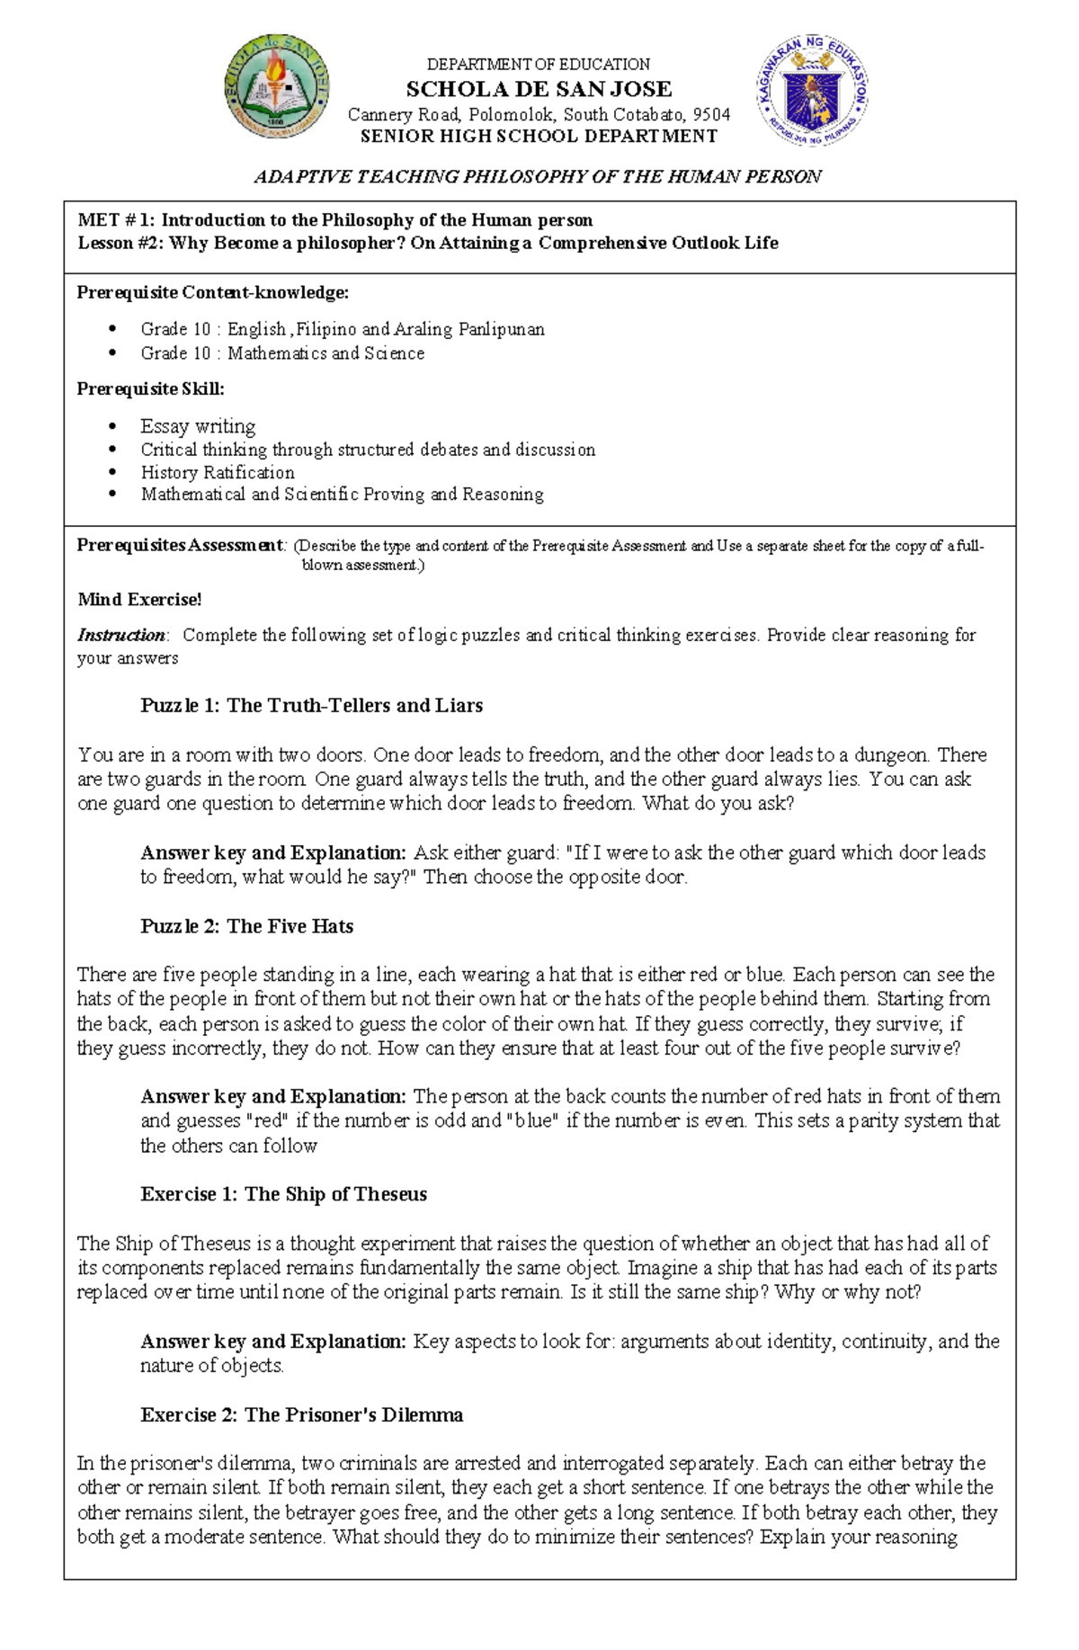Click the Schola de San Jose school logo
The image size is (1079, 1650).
(276, 86)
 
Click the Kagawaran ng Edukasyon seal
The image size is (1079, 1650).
(813, 90)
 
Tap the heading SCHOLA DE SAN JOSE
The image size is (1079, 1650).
(539, 89)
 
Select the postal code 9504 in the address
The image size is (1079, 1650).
(712, 114)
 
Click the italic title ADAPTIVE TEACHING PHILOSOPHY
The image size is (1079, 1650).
(538, 177)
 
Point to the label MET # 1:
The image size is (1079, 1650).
(117, 220)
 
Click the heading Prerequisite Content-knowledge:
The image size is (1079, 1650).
(212, 292)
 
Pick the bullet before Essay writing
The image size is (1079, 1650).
(112, 426)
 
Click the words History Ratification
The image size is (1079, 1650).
(217, 472)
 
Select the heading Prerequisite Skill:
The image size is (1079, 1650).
(150, 388)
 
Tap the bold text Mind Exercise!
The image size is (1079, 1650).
(139, 599)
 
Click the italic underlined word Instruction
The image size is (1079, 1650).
(120, 635)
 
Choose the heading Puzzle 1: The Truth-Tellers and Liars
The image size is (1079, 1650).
(311, 706)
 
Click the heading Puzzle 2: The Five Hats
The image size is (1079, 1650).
(246, 926)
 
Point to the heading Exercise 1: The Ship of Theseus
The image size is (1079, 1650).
(283, 1194)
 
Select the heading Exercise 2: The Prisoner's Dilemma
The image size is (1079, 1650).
(301, 1414)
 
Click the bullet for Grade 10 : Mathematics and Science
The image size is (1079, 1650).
(112, 353)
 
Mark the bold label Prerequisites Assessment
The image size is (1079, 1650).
(180, 545)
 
